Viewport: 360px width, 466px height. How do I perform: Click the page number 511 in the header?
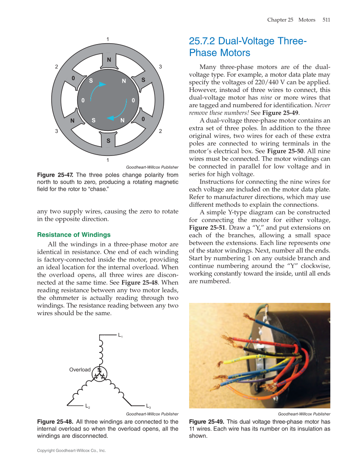point(326,19)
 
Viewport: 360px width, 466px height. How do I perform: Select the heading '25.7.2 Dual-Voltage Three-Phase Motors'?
point(247,47)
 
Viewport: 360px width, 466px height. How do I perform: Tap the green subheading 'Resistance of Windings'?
point(74,235)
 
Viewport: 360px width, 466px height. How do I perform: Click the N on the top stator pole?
point(109,60)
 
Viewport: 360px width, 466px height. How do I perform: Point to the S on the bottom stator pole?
point(109,140)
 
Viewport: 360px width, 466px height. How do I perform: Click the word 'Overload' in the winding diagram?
point(80,369)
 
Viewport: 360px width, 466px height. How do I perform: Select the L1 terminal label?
point(120,336)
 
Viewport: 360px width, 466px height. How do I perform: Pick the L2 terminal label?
point(87,406)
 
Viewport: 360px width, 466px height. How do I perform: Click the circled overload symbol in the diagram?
point(100,374)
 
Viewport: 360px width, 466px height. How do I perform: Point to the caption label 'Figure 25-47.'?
point(56,175)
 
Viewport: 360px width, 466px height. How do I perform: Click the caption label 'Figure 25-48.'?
point(56,422)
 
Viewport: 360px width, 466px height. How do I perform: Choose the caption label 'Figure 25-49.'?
point(207,422)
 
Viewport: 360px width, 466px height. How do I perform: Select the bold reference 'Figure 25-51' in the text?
point(207,227)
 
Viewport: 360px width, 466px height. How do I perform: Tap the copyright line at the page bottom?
point(71,451)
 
